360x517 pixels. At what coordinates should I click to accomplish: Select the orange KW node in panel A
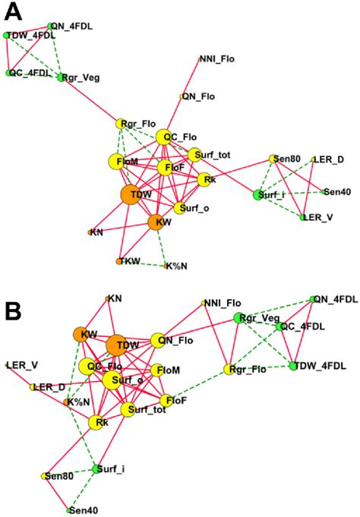coord(158,222)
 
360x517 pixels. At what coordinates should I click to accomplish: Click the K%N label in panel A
coord(178,266)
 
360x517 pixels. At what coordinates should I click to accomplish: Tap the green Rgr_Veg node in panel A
coord(62,77)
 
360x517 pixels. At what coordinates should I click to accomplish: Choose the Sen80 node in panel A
coord(272,159)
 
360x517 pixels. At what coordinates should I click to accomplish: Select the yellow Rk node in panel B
coord(96,422)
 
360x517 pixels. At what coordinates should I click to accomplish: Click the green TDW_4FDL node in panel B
coord(292,366)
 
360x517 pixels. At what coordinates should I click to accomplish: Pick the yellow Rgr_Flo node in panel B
coord(226,370)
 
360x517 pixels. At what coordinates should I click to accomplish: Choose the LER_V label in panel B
coord(21,365)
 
